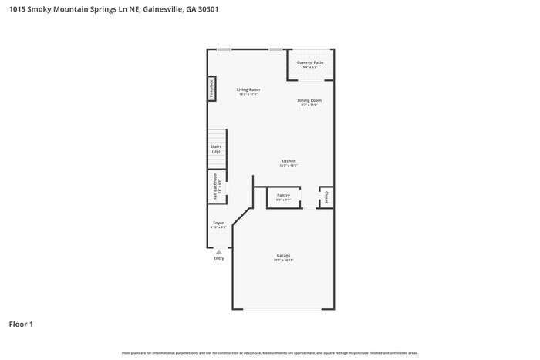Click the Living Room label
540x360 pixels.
coord(248,89)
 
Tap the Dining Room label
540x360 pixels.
coord(310,100)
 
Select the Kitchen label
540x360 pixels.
coord(289,161)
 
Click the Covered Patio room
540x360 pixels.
coord(311,65)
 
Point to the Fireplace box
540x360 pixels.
coord(210,89)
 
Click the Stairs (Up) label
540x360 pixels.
coord(216,149)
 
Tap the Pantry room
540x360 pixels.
coord(283,197)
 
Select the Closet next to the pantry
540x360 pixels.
coord(326,197)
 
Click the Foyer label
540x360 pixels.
coord(218,224)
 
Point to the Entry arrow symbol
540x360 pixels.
coord(219,251)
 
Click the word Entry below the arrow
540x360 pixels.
coord(219,258)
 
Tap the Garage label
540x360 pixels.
coord(283,255)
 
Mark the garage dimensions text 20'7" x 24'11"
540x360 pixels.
coord(283,261)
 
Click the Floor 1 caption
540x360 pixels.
coord(21,324)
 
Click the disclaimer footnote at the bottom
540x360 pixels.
coord(269,352)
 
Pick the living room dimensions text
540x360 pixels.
coord(248,95)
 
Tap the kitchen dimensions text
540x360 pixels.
coord(289,166)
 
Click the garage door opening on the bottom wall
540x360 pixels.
coord(283,309)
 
